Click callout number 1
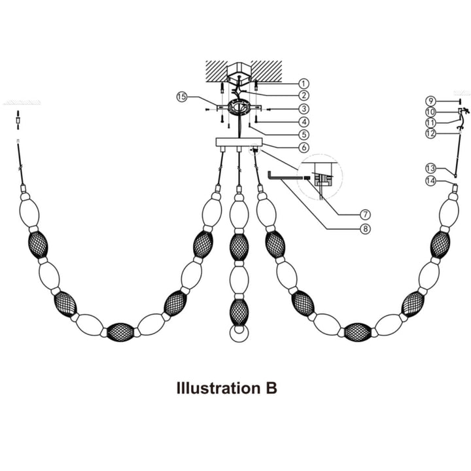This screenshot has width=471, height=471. click(x=304, y=84)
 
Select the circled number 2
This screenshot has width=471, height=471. click(x=304, y=96)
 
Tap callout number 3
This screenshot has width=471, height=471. click(x=304, y=108)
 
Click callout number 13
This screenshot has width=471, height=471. click(x=430, y=168)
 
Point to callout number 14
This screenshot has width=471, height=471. click(x=430, y=181)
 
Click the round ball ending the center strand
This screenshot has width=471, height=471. click(x=238, y=334)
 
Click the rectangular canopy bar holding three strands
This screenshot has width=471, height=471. click(x=238, y=142)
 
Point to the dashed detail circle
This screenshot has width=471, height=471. click(x=319, y=177)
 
